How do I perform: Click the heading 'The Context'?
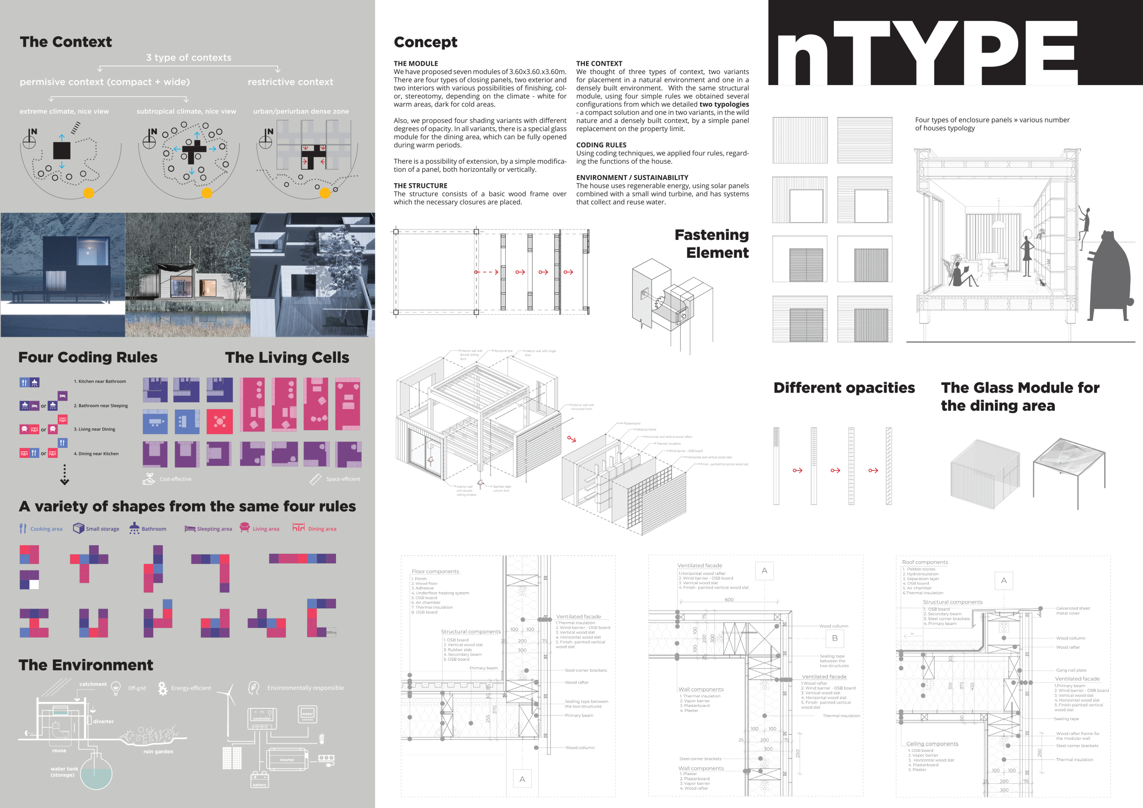[x=66, y=42]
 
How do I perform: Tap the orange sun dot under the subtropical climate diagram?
[x=207, y=193]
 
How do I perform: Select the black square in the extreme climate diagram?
[x=62, y=150]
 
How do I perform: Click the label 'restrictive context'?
[x=290, y=82]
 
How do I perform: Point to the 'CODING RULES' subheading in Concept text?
[x=601, y=145]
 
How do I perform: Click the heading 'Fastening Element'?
[x=711, y=243]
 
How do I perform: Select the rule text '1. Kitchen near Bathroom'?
[x=100, y=382]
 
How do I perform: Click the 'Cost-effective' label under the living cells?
[x=175, y=479]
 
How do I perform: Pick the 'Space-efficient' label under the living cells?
[x=342, y=479]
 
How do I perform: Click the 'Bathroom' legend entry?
[x=153, y=529]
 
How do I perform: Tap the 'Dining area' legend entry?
[x=321, y=529]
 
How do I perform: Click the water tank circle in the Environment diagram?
[x=96, y=774]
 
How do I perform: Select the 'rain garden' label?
[x=158, y=751]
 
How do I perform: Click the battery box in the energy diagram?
[x=259, y=780]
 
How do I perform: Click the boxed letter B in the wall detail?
[x=835, y=638]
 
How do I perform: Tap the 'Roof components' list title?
[x=925, y=562]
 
